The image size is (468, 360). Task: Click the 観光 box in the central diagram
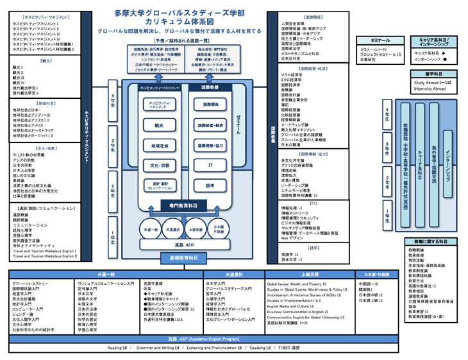point(158,126)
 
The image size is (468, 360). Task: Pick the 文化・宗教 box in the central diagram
point(158,166)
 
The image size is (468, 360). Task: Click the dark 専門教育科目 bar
point(184,205)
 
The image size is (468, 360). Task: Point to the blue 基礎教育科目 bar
point(184,257)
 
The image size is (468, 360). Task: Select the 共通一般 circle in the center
point(151,229)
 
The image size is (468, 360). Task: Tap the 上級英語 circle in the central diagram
point(196,229)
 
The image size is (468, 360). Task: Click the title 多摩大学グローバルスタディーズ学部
point(179,13)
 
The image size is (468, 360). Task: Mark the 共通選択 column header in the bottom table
point(235,275)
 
